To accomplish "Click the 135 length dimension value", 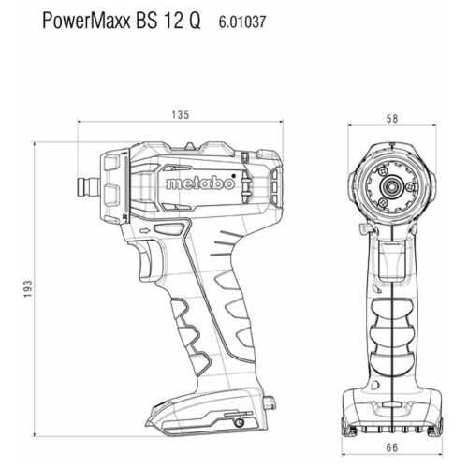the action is (x=181, y=115).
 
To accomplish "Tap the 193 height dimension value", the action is (x=28, y=288).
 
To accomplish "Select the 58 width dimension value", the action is (x=392, y=119).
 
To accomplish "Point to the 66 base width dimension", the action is (x=392, y=447).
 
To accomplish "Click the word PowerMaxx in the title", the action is (x=86, y=21).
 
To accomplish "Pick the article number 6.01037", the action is (x=242, y=22).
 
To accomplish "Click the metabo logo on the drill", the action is (x=200, y=183).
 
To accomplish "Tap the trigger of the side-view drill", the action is (x=146, y=261).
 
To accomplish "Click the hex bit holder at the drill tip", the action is (x=89, y=187).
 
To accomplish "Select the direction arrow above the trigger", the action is (x=145, y=231).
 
